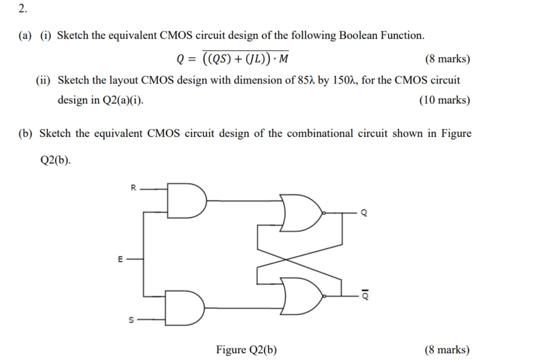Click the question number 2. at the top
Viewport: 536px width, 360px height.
pyautogui.click(x=23, y=9)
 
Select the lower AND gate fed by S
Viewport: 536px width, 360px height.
pyautogui.click(x=185, y=307)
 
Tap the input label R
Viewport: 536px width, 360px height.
pyautogui.click(x=133, y=188)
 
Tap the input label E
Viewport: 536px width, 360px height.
pyautogui.click(x=121, y=259)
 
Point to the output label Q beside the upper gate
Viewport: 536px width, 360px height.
pyautogui.click(x=363, y=213)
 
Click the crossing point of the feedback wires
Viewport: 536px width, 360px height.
pyautogui.click(x=286, y=259)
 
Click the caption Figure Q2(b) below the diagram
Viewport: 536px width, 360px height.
pyautogui.click(x=246, y=350)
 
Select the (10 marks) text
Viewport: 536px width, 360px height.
pyautogui.click(x=445, y=100)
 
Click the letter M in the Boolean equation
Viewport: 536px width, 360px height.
pyautogui.click(x=283, y=59)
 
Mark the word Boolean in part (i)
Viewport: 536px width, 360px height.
pyautogui.click(x=359, y=35)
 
